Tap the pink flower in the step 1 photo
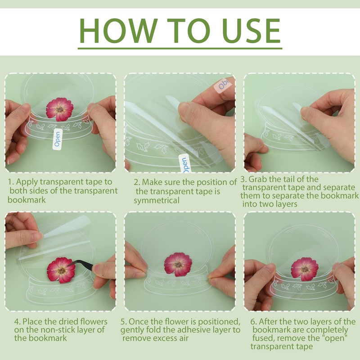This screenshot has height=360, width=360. click(60, 109)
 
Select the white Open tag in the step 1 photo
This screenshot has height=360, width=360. click(58, 139)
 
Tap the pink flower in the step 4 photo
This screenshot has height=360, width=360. click(61, 270)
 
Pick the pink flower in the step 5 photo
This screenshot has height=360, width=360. click(178, 265)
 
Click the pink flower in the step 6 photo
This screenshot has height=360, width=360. click(305, 269)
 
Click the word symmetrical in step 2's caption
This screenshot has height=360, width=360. click(156, 200)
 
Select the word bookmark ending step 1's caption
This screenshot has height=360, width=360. click(27, 199)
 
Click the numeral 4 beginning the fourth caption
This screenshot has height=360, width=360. click(17, 322)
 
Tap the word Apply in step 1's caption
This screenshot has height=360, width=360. click(27, 182)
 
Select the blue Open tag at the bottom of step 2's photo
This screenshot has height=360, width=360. click(185, 164)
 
